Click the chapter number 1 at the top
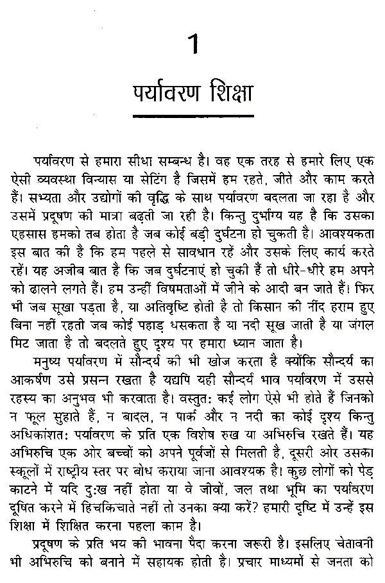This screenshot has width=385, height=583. click(193, 47)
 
